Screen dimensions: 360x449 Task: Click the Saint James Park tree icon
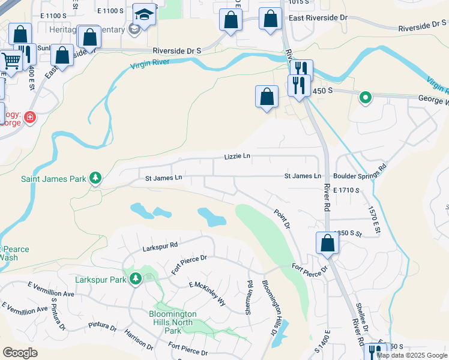(95, 178)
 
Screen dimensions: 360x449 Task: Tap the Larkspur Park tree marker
(136, 279)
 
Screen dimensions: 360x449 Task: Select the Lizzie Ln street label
(237, 156)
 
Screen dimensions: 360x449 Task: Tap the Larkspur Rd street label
(160, 245)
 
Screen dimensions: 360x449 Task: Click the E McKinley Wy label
(206, 294)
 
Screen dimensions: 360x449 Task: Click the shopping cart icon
(11, 60)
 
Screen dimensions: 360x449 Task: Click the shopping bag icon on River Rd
(328, 243)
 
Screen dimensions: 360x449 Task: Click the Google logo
(20, 353)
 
